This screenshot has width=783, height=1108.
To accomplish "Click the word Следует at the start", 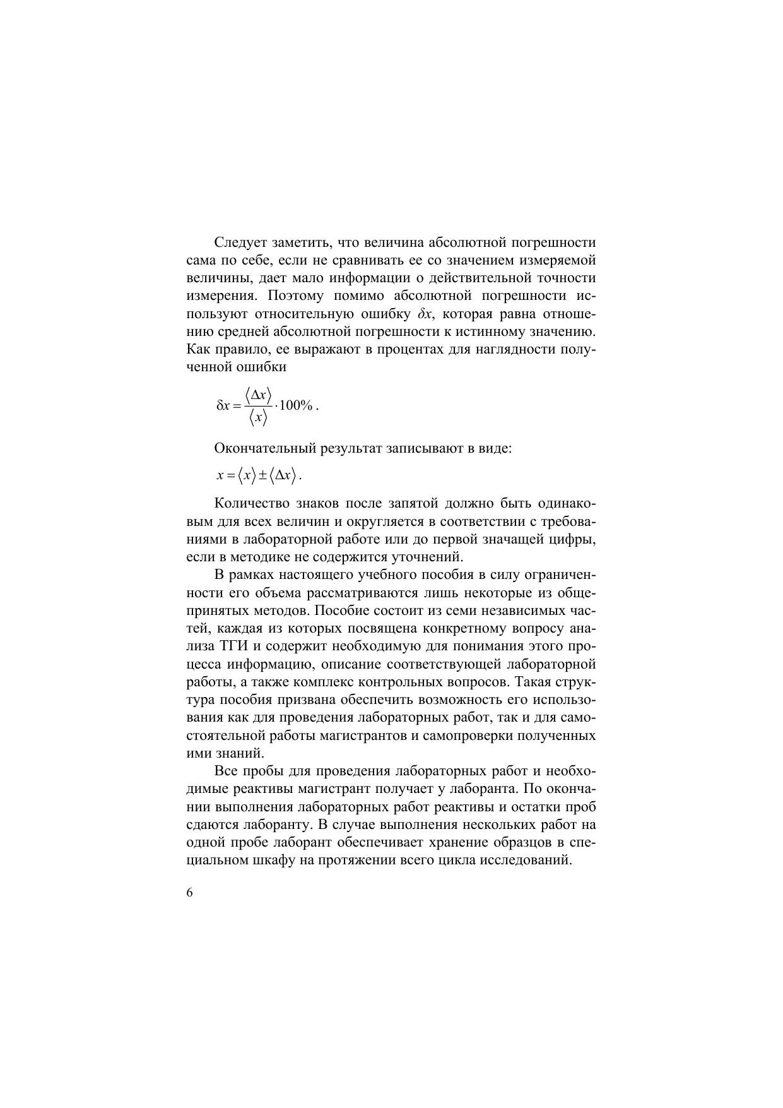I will pos(239,243).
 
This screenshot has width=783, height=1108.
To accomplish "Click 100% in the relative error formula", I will pos(296,405).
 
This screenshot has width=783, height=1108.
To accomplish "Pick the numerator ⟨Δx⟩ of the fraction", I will pos(258,396).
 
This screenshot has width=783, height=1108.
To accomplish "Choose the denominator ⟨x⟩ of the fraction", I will pos(258,417).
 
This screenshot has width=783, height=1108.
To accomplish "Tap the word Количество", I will pos(249,504).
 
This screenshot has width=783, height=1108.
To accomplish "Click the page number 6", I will pos(190,893).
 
